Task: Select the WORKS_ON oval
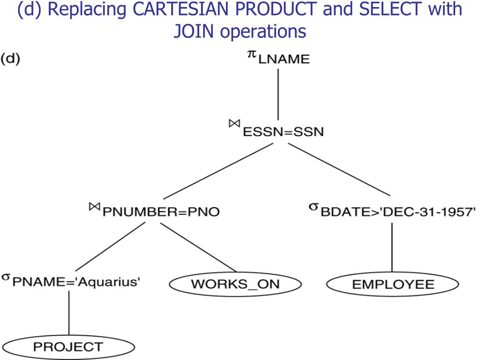(235, 284)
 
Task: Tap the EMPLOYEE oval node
(392, 284)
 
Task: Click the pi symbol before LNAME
(252, 55)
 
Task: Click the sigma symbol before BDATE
(314, 206)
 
